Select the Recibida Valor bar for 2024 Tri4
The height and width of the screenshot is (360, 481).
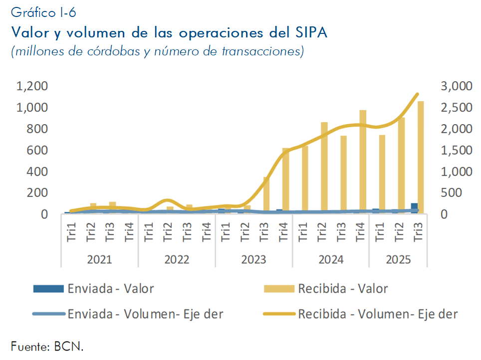(x=363, y=162)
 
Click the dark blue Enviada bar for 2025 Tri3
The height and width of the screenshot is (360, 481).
(x=415, y=207)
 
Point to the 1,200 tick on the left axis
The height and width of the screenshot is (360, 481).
(x=32, y=86)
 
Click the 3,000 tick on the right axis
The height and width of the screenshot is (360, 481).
(x=457, y=86)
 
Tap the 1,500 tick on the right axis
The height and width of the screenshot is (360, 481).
(x=457, y=150)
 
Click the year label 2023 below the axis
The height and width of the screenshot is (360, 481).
(x=253, y=260)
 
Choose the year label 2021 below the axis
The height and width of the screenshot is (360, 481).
(x=99, y=260)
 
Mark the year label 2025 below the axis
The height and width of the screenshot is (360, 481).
(x=398, y=260)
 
